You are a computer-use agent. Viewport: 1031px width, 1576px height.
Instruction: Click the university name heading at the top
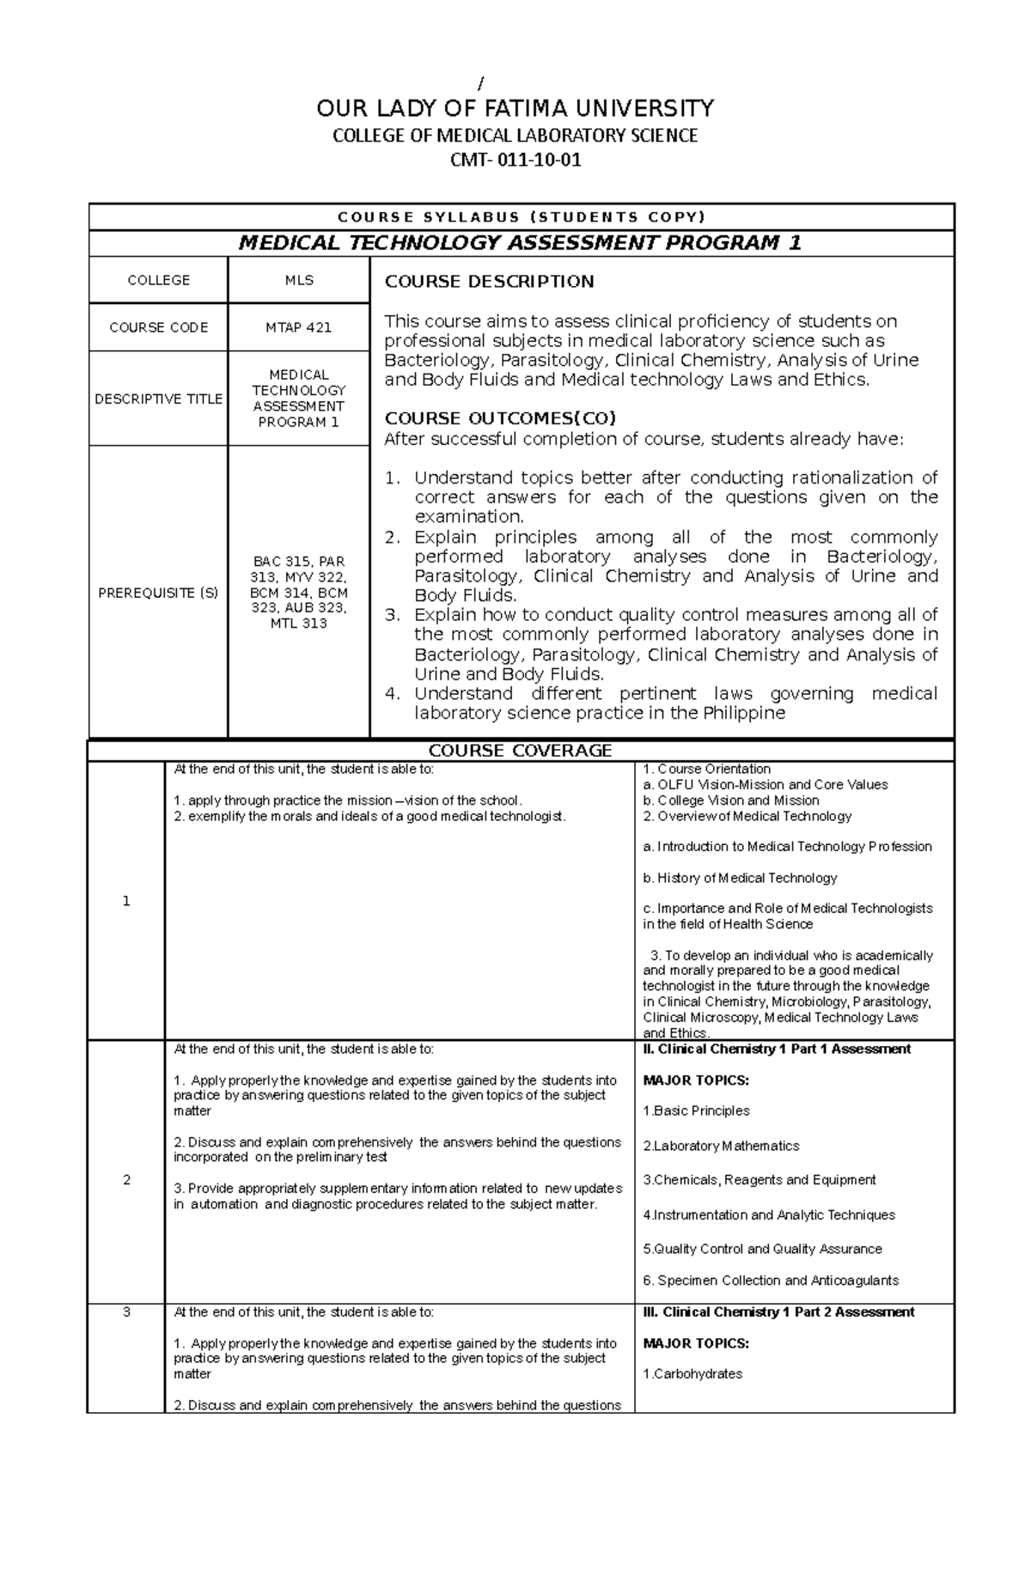click(515, 108)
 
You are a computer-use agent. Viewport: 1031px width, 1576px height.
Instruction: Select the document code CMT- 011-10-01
click(515, 161)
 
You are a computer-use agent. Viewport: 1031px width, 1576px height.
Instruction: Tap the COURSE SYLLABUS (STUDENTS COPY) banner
click(521, 216)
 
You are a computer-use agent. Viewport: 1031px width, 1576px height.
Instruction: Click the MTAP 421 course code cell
click(298, 327)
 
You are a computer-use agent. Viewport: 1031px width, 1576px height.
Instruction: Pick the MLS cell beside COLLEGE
click(298, 280)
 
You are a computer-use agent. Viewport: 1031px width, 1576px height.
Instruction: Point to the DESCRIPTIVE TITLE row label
click(158, 399)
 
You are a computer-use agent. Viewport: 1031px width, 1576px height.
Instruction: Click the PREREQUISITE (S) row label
click(158, 593)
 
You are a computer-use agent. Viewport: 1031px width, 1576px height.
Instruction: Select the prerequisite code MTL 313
click(298, 624)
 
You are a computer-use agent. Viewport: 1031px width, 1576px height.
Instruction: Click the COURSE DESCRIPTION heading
click(489, 282)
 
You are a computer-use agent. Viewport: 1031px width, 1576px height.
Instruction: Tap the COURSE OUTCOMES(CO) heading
click(500, 418)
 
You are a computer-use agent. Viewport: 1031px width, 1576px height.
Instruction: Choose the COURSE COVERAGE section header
click(521, 751)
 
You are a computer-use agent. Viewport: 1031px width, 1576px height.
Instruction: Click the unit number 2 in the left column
click(126, 1180)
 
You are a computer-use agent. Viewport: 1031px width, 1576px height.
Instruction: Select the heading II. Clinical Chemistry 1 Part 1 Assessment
click(777, 1049)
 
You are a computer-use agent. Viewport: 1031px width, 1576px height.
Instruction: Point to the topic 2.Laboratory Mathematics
click(721, 1146)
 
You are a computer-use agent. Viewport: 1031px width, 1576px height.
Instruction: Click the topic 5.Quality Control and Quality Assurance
click(762, 1249)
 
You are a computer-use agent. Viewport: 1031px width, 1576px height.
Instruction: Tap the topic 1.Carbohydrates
click(692, 1373)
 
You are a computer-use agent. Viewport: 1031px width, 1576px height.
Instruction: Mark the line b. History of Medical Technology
click(740, 878)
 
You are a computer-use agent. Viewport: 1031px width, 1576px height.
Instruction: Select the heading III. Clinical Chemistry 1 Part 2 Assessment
click(778, 1311)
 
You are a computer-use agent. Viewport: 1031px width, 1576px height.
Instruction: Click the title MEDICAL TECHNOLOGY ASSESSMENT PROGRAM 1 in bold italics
click(521, 243)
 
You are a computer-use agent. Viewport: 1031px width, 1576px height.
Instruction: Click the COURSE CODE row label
click(158, 327)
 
